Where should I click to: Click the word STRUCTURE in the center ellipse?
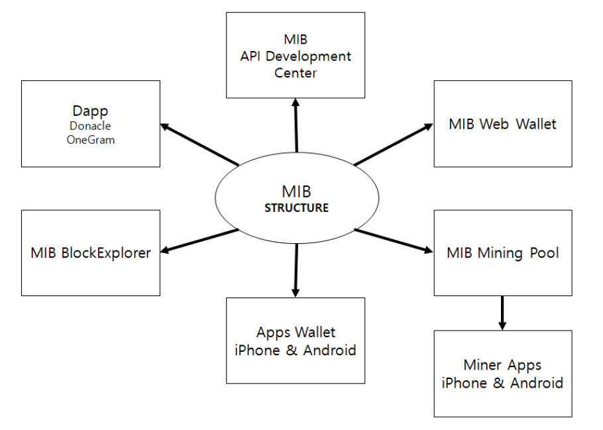coord(296,207)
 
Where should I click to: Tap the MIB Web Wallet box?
coord(502,124)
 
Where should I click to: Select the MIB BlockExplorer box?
coord(91,252)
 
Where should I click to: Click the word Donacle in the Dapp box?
coord(91,125)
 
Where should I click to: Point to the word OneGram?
coord(91,139)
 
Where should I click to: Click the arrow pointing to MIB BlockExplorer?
coord(199,241)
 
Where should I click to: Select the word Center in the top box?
coord(296,72)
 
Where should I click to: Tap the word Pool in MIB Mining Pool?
coord(544,252)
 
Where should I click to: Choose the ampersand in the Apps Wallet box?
coord(292,349)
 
